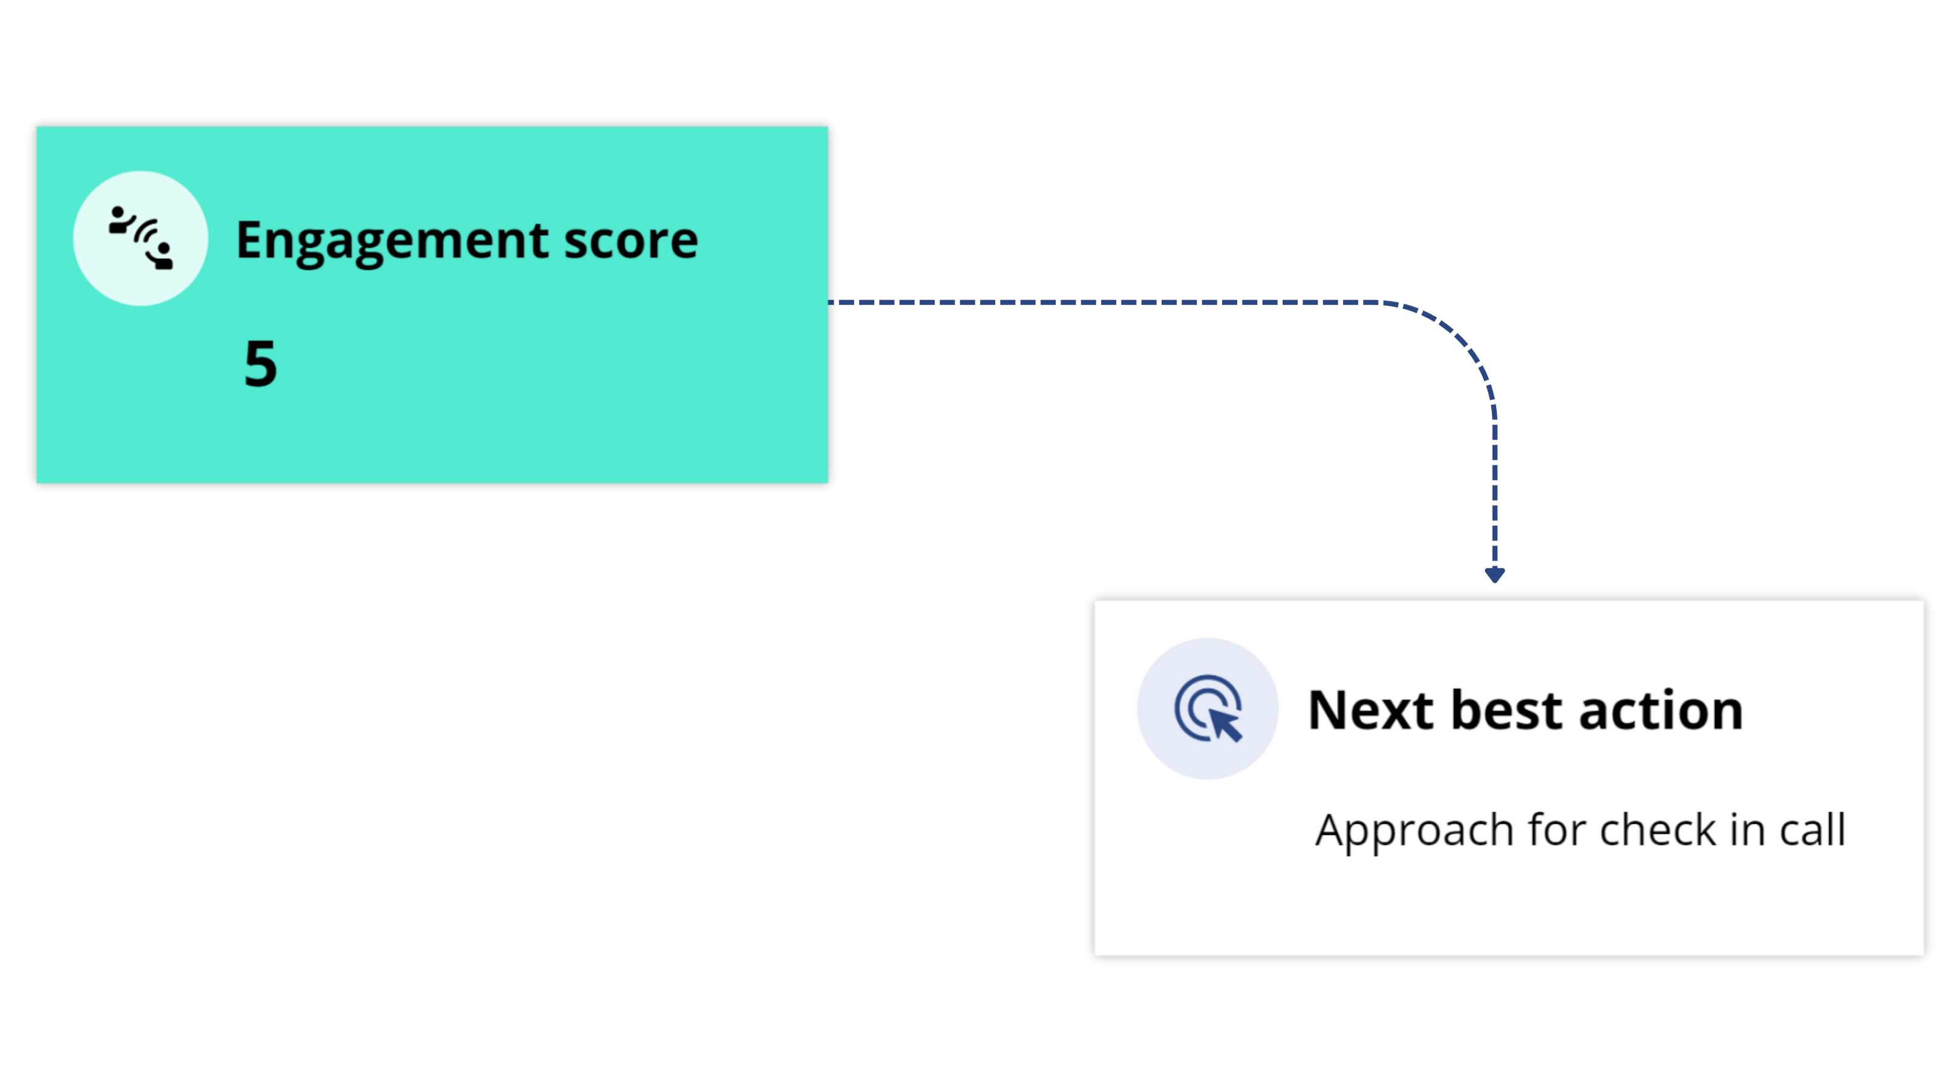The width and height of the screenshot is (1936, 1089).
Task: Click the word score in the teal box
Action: (630, 241)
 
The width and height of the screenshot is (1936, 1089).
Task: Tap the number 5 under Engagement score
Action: (260, 364)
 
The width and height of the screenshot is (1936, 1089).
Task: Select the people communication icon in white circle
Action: (140, 238)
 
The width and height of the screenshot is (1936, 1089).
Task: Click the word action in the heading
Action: (1660, 710)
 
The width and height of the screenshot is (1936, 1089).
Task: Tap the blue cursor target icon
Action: (1207, 708)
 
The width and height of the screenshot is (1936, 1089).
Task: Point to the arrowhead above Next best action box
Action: (1494, 575)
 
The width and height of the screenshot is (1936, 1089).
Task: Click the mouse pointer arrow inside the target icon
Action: (1225, 725)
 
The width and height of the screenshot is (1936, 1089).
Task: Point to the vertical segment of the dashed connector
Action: (1494, 488)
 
